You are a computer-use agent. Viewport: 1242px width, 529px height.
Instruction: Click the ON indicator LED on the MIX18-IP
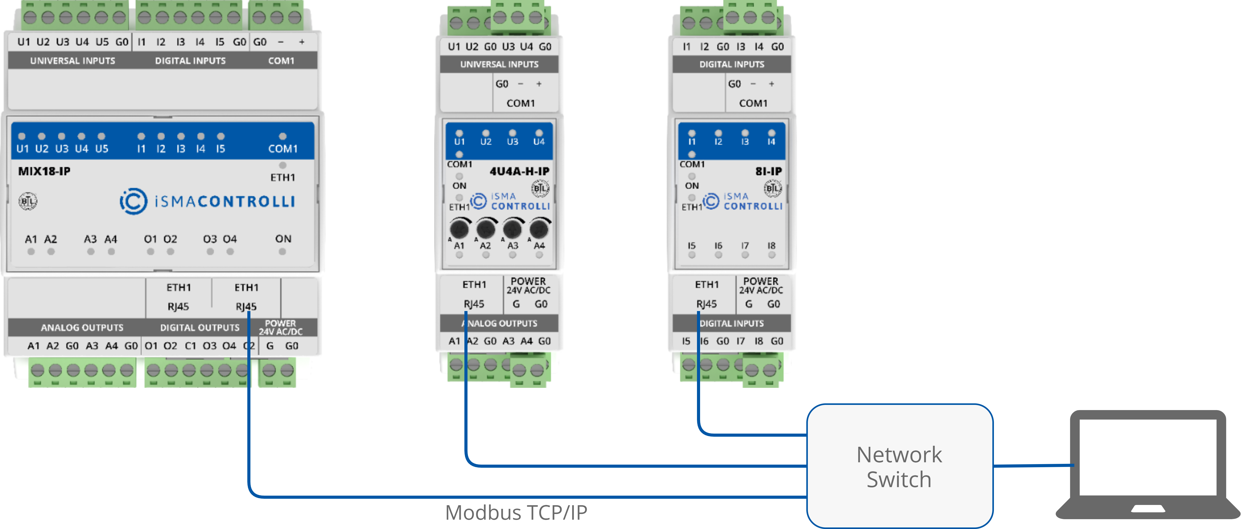[282, 251]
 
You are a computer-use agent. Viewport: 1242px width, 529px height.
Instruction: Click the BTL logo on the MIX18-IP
[27, 201]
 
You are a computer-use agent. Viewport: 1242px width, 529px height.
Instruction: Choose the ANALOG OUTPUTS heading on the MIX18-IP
[82, 327]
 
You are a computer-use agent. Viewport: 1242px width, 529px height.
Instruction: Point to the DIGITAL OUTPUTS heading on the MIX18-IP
[200, 327]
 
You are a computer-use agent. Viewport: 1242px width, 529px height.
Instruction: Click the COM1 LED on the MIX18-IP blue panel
[282, 137]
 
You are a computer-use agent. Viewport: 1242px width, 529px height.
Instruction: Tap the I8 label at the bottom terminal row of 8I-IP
[758, 341]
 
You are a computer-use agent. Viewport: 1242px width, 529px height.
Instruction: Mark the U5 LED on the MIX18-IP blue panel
[101, 137]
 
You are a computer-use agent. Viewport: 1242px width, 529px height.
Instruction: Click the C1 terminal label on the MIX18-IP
[190, 346]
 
